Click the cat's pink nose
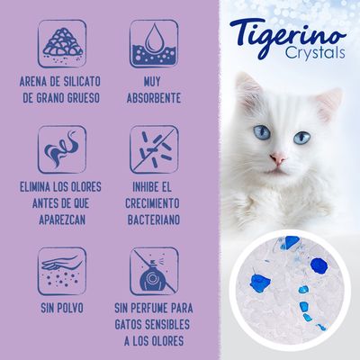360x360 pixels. (x=277, y=160)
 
